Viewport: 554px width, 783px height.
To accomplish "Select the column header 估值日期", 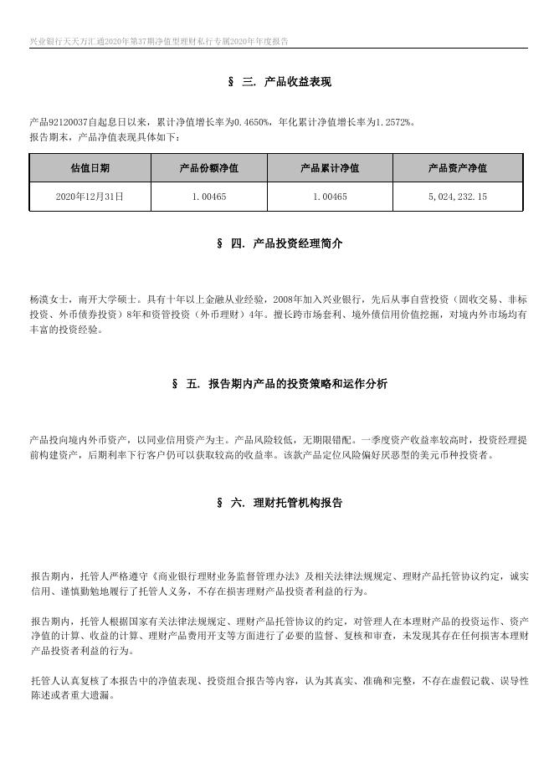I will [90, 168].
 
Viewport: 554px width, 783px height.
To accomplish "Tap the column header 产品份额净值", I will [209, 168].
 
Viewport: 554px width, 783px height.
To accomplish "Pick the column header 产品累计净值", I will [330, 168].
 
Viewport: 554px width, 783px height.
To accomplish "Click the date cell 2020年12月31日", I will [90, 197].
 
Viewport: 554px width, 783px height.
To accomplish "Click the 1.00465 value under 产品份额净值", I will [209, 197].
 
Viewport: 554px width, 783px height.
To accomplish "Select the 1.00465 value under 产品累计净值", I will [330, 197].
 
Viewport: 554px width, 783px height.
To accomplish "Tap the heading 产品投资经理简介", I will [293, 243].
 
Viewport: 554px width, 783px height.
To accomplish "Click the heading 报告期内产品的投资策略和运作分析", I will [292, 384].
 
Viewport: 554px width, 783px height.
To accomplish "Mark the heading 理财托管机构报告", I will [293, 503].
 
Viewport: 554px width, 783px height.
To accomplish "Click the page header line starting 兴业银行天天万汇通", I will [159, 41].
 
